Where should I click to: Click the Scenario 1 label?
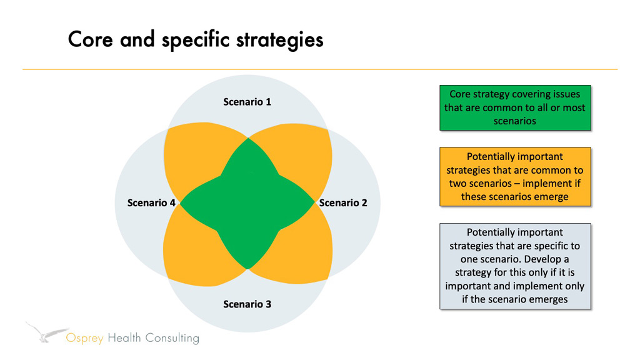[247, 101]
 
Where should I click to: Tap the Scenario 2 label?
[343, 202]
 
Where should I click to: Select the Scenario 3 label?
[247, 304]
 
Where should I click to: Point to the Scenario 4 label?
[151, 202]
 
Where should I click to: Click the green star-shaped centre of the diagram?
[247, 203]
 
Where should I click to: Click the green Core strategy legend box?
[515, 107]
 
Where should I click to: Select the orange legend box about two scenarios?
[515, 176]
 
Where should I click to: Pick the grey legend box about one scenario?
[515, 266]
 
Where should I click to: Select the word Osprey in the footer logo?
[86, 339]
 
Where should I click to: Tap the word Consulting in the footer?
[172, 338]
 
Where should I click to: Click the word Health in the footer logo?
[125, 338]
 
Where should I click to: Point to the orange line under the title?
[320, 69]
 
